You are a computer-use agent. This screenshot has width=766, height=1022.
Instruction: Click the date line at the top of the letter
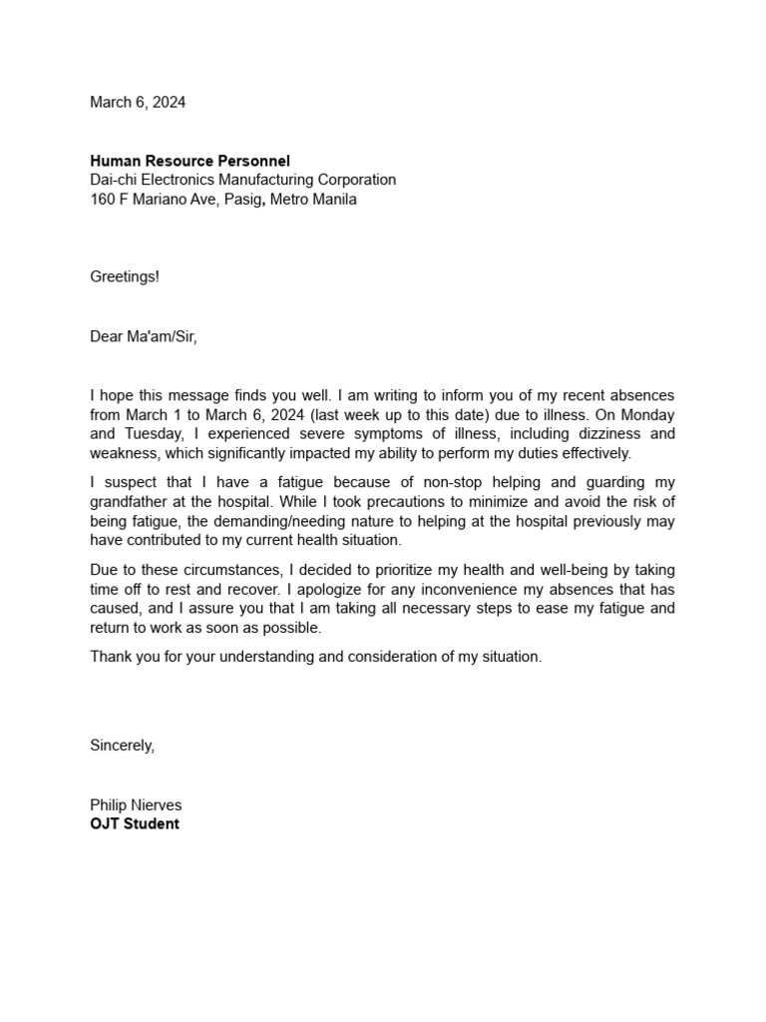coord(138,102)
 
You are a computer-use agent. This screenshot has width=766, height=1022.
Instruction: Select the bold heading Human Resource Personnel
coord(190,161)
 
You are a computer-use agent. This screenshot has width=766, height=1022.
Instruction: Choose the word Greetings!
coord(125,276)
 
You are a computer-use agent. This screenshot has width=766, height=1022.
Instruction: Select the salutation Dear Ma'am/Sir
coord(144,336)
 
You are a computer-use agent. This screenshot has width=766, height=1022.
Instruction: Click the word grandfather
coord(131,501)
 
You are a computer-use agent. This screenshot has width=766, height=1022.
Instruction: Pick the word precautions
coord(360,501)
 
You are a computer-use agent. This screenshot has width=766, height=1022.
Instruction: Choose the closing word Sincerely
coord(122,745)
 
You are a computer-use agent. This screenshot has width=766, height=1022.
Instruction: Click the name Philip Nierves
coord(136,804)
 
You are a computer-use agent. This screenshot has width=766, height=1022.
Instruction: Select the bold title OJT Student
coord(135,824)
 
